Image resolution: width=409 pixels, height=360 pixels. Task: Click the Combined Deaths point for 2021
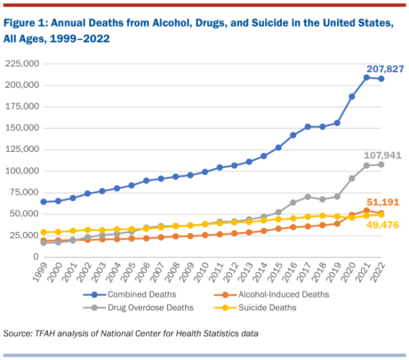pyautogui.click(x=366, y=77)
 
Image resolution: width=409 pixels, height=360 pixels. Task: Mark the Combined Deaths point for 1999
pyautogui.click(x=44, y=202)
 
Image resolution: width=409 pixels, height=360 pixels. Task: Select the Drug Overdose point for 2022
pyautogui.click(x=381, y=164)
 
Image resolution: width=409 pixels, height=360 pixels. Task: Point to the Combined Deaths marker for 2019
pyautogui.click(x=337, y=123)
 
